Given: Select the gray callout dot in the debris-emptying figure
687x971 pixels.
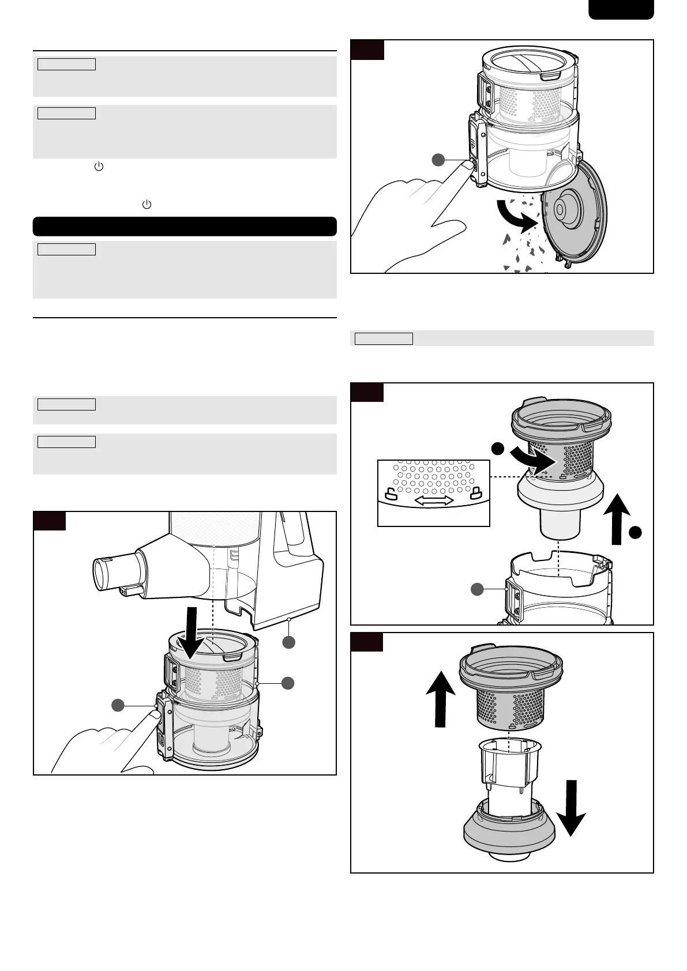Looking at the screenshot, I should click(441, 160).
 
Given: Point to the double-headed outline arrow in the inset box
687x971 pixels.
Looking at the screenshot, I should click(434, 501).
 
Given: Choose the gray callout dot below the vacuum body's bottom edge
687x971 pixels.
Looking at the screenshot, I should click(288, 642).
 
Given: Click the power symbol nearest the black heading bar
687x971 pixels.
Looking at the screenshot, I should click(147, 205).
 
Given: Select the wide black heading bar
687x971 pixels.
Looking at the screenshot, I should click(185, 227).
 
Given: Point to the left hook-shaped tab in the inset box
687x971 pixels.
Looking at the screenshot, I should click(391, 494).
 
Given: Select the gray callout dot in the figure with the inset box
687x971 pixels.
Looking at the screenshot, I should click(476, 589).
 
